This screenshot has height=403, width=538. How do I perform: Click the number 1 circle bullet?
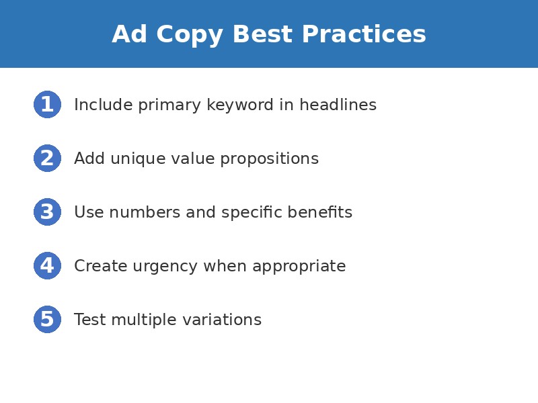click(47, 105)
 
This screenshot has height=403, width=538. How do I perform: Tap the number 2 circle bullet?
click(47, 159)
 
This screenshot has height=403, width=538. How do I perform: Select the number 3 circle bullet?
click(47, 212)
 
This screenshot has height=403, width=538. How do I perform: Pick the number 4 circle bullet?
click(47, 266)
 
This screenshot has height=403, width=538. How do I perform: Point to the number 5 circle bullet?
click(47, 320)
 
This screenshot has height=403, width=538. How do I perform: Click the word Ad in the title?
click(130, 35)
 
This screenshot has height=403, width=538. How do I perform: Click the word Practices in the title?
click(364, 35)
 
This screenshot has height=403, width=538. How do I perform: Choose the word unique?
click(132, 159)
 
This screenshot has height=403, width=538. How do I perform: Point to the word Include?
click(95, 105)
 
